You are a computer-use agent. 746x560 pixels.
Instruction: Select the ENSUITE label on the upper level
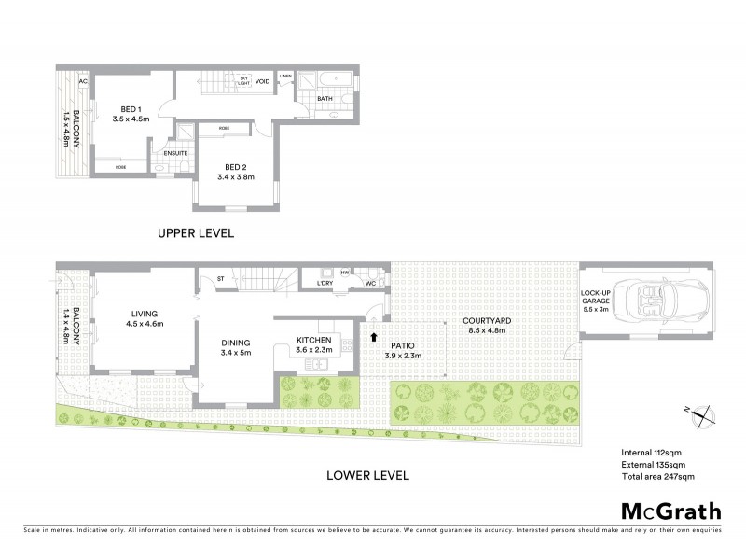tap(175, 153)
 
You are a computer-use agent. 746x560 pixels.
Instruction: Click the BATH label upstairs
tap(325, 98)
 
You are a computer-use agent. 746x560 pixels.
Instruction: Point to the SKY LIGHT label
tap(244, 81)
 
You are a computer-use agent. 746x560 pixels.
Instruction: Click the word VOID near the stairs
tap(263, 81)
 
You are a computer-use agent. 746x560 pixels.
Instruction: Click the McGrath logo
tap(670, 511)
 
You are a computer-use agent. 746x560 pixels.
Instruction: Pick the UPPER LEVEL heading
tap(195, 233)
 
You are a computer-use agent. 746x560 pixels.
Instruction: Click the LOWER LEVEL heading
tap(367, 475)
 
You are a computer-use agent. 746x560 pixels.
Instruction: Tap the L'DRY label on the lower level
tap(325, 282)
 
